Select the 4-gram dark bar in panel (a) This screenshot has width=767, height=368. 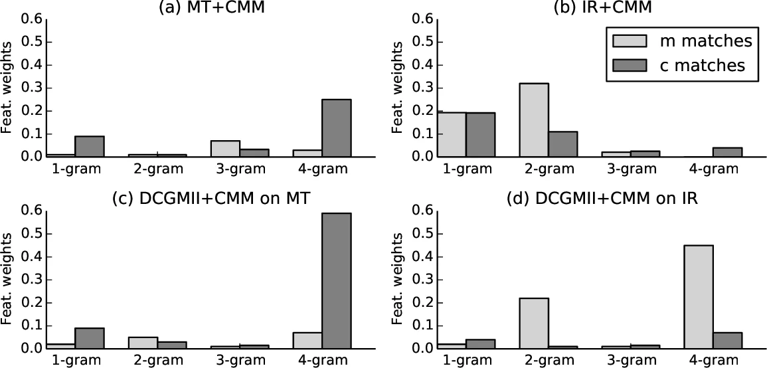[336, 128]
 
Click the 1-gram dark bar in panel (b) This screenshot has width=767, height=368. [480, 135]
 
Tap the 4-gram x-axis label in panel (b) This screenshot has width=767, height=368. [713, 169]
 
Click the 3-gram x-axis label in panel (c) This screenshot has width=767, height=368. [239, 361]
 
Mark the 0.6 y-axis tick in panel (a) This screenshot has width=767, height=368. [31, 19]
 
